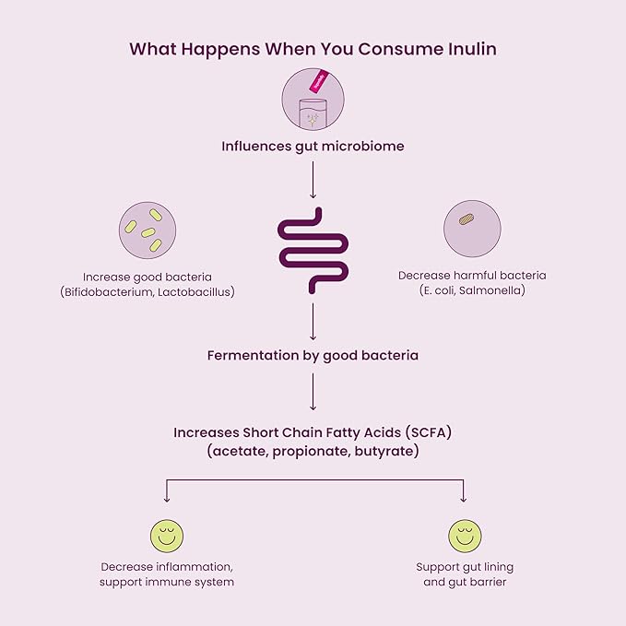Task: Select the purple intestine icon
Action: [x=313, y=251]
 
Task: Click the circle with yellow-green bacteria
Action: [x=148, y=230]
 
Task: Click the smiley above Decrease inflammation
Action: [x=166, y=536]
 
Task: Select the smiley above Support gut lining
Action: [x=464, y=536]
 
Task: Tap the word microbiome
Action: [x=360, y=147]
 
